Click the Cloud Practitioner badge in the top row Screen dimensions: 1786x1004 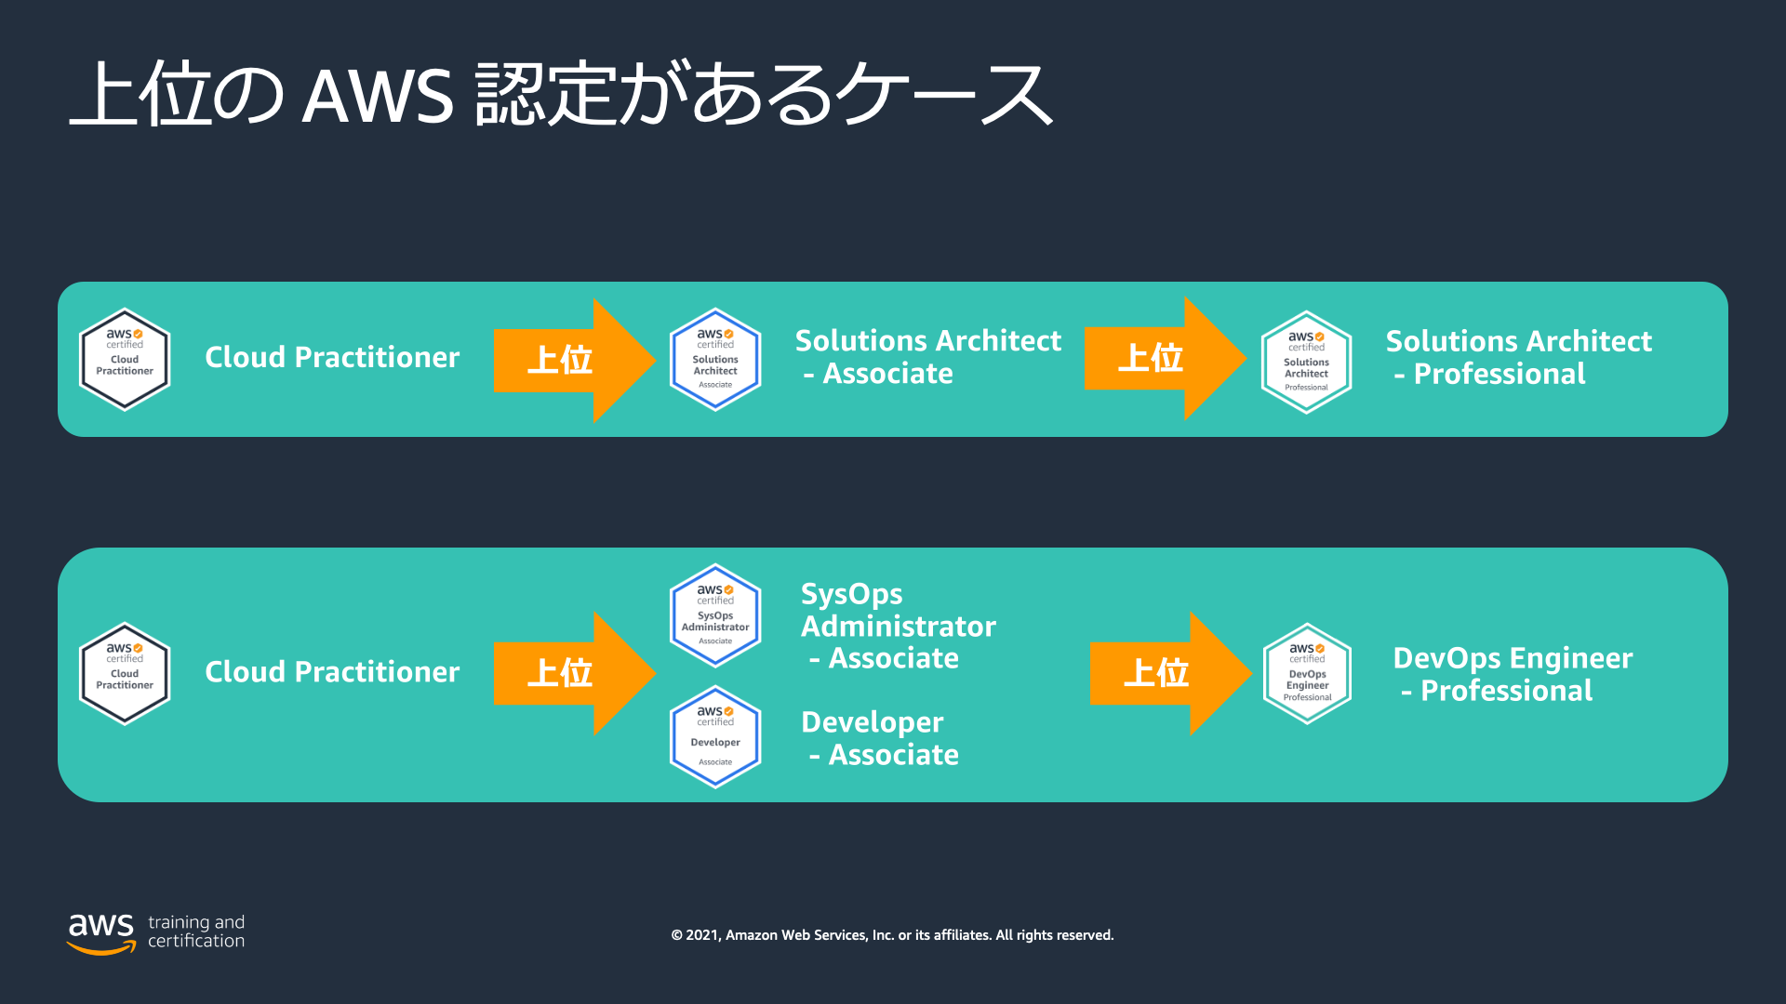(125, 359)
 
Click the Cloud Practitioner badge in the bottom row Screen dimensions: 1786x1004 (125, 673)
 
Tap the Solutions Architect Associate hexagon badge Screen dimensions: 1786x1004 (715, 359)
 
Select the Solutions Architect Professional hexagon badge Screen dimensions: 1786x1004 (1306, 362)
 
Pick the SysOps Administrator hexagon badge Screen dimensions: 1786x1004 (715, 615)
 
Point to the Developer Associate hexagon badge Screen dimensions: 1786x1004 (715, 737)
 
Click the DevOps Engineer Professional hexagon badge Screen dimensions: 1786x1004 (1307, 673)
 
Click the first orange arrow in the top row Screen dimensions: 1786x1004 (575, 360)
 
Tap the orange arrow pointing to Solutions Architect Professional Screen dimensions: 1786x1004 (1166, 358)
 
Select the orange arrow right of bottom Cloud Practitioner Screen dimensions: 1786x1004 (575, 673)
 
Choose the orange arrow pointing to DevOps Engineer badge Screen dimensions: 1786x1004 (1171, 673)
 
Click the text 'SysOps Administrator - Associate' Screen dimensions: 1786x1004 (899, 626)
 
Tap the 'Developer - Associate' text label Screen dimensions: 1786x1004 (880, 738)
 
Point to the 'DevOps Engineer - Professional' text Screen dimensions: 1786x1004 (1513, 674)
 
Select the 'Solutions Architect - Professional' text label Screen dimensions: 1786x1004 (1519, 357)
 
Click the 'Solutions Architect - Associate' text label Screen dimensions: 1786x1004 (928, 357)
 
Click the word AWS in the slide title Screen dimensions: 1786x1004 (378, 96)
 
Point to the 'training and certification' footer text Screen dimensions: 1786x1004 (196, 931)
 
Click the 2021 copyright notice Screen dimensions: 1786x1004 (892, 935)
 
